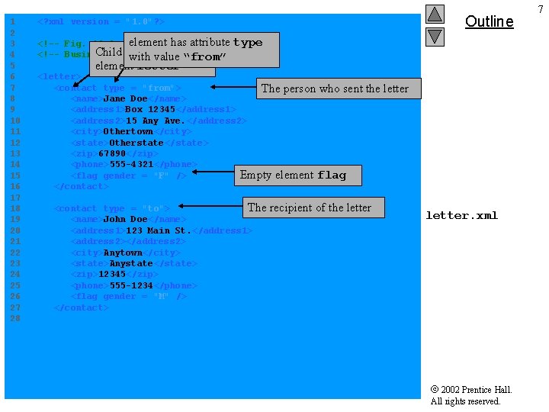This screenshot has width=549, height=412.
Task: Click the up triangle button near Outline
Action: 435,14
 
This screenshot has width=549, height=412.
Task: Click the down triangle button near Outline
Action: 435,36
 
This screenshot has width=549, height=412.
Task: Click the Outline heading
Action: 489,21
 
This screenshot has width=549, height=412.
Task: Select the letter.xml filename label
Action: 461,215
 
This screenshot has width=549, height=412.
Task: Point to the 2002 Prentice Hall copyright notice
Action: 470,395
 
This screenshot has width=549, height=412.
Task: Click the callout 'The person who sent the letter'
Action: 335,89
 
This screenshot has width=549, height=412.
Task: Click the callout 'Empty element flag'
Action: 293,175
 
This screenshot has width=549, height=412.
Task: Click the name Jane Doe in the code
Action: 125,98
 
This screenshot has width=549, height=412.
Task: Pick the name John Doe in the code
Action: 125,219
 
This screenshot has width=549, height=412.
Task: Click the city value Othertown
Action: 127,131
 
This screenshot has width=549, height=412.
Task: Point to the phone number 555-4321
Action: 131,164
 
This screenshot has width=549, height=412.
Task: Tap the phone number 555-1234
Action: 131,285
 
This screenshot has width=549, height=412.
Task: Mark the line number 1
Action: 13,21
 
